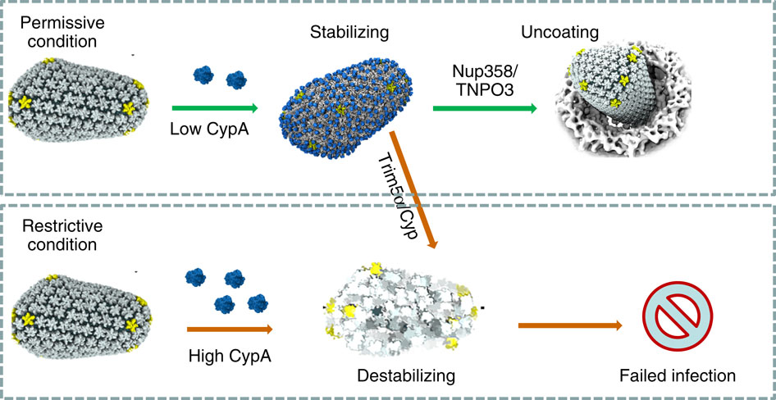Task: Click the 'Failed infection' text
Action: tap(676, 376)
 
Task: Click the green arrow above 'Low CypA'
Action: tap(215, 107)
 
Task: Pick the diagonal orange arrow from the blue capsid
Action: tap(414, 188)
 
